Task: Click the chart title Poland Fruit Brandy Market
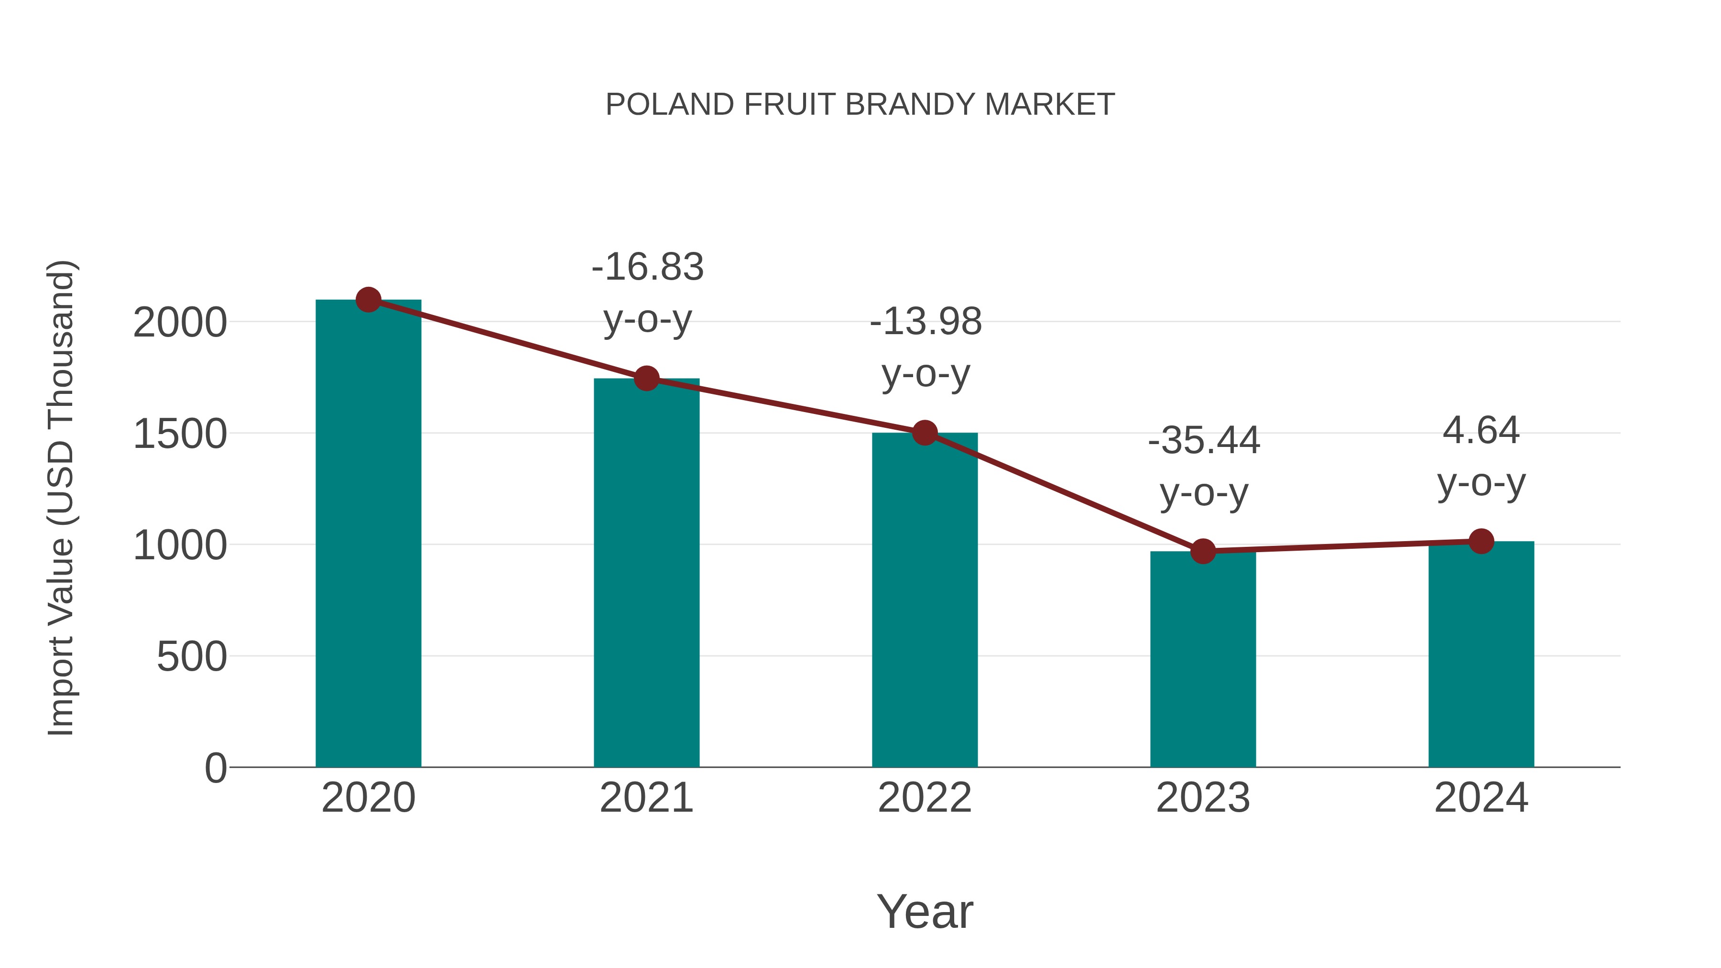[x=860, y=104]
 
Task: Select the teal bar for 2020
[x=368, y=534]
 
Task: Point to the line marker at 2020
[x=368, y=300]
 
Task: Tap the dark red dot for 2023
[x=1203, y=551]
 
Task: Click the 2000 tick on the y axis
[x=180, y=323]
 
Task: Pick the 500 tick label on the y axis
[x=192, y=657]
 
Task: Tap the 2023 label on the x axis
[x=1203, y=798]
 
